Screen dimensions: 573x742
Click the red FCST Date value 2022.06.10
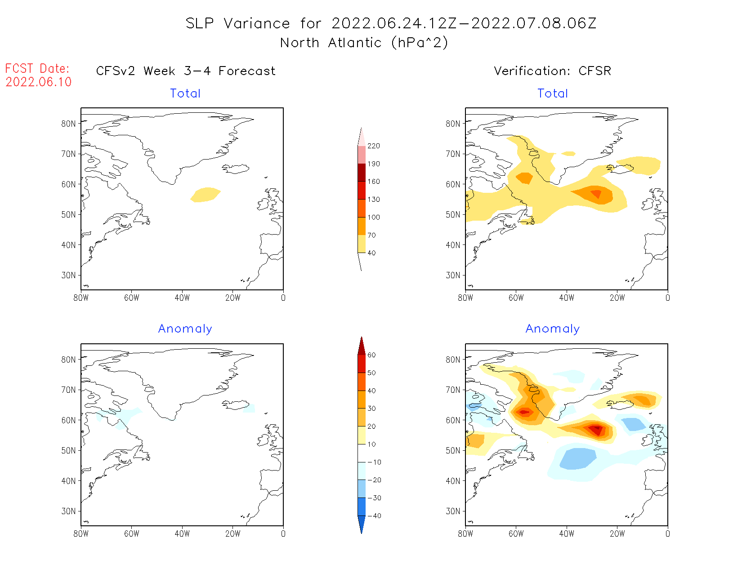(39, 82)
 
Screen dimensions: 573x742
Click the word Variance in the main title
(257, 23)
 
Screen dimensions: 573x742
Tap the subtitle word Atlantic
(355, 43)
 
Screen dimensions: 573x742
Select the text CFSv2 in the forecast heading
(116, 71)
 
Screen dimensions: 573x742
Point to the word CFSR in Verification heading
(594, 71)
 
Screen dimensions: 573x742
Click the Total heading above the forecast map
(185, 93)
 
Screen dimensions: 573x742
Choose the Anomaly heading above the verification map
(553, 329)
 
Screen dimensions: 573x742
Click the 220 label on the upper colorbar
(374, 146)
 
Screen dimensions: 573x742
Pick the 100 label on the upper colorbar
(374, 217)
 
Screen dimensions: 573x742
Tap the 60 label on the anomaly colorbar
(371, 355)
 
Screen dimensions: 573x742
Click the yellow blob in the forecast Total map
(206, 195)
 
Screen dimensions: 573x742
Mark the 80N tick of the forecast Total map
(69, 124)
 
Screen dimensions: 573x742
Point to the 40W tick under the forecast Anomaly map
(182, 534)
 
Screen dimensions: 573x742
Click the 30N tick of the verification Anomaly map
(453, 511)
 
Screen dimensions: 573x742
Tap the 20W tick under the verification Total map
(617, 298)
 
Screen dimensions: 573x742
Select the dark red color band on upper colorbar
(362, 173)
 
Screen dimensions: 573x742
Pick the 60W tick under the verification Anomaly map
(516, 534)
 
